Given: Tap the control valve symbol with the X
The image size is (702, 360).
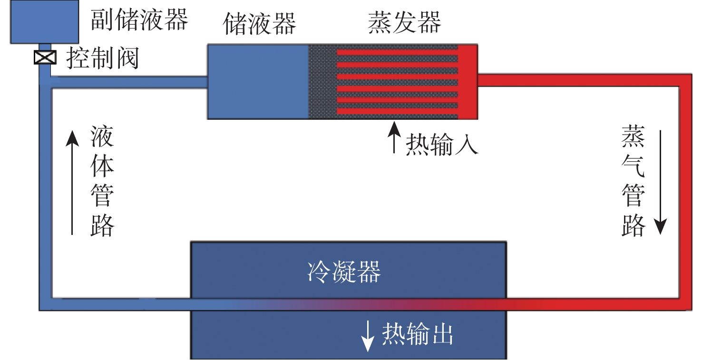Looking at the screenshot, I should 45,58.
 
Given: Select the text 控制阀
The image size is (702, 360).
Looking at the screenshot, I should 102,59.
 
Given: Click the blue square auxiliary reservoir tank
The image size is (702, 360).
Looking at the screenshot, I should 45,22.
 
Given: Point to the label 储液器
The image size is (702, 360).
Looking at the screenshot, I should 260,23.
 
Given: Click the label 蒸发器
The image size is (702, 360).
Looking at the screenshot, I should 404,22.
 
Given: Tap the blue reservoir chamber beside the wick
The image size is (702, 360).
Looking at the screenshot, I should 258,81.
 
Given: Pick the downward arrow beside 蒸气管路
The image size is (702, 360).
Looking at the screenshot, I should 660,181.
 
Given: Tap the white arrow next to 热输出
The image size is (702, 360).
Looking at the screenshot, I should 368,337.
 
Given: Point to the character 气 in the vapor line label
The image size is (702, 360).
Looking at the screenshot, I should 633,166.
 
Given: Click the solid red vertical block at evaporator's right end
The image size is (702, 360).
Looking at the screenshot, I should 468,81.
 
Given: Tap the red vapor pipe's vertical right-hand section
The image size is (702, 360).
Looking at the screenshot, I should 685,190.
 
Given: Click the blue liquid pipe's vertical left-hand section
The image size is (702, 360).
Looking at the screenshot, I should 45,190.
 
